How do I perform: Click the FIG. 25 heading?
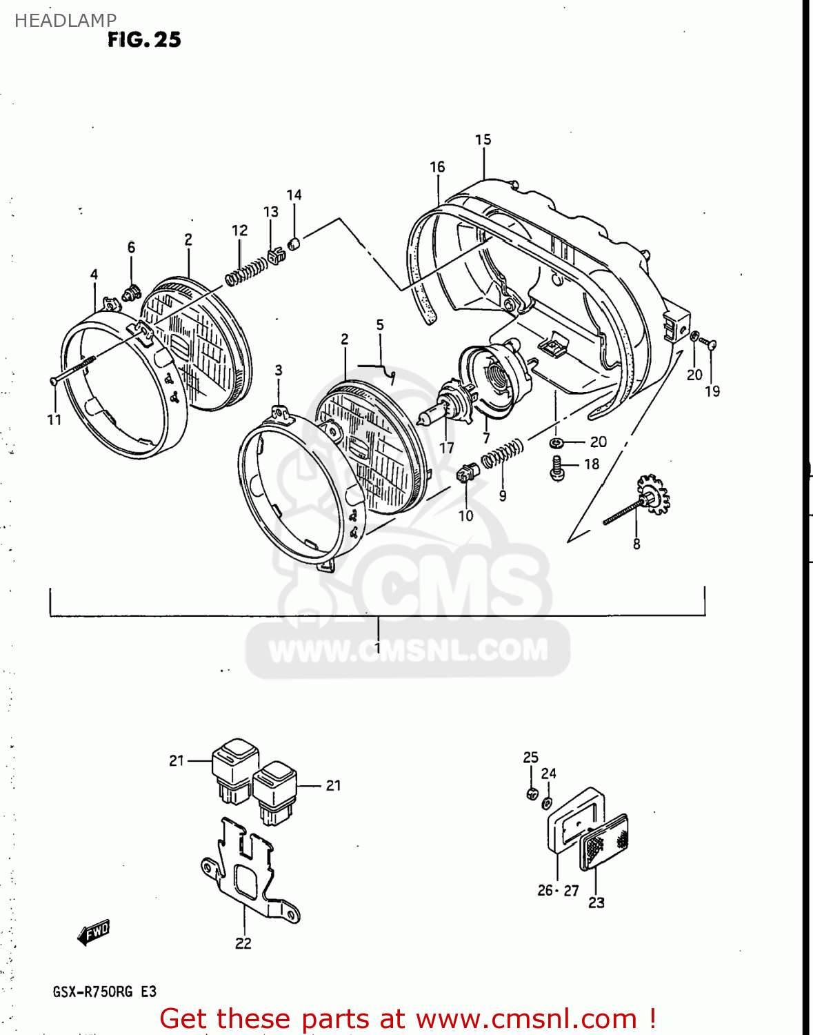click(x=144, y=40)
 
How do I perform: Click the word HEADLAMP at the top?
click(x=66, y=21)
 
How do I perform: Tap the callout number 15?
click(x=483, y=140)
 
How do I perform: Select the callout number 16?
click(x=437, y=167)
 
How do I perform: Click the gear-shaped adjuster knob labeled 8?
click(x=651, y=495)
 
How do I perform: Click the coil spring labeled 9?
click(x=503, y=455)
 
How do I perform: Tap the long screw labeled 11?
click(x=72, y=369)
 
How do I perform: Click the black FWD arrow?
click(x=94, y=932)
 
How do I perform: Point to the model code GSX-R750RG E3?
click(x=105, y=992)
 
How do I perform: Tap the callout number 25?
click(x=530, y=757)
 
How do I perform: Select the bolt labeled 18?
click(x=557, y=468)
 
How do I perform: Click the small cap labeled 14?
click(x=294, y=244)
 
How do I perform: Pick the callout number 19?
click(x=712, y=391)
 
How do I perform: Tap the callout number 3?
click(x=278, y=371)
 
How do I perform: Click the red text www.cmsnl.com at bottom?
click(x=525, y=1019)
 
